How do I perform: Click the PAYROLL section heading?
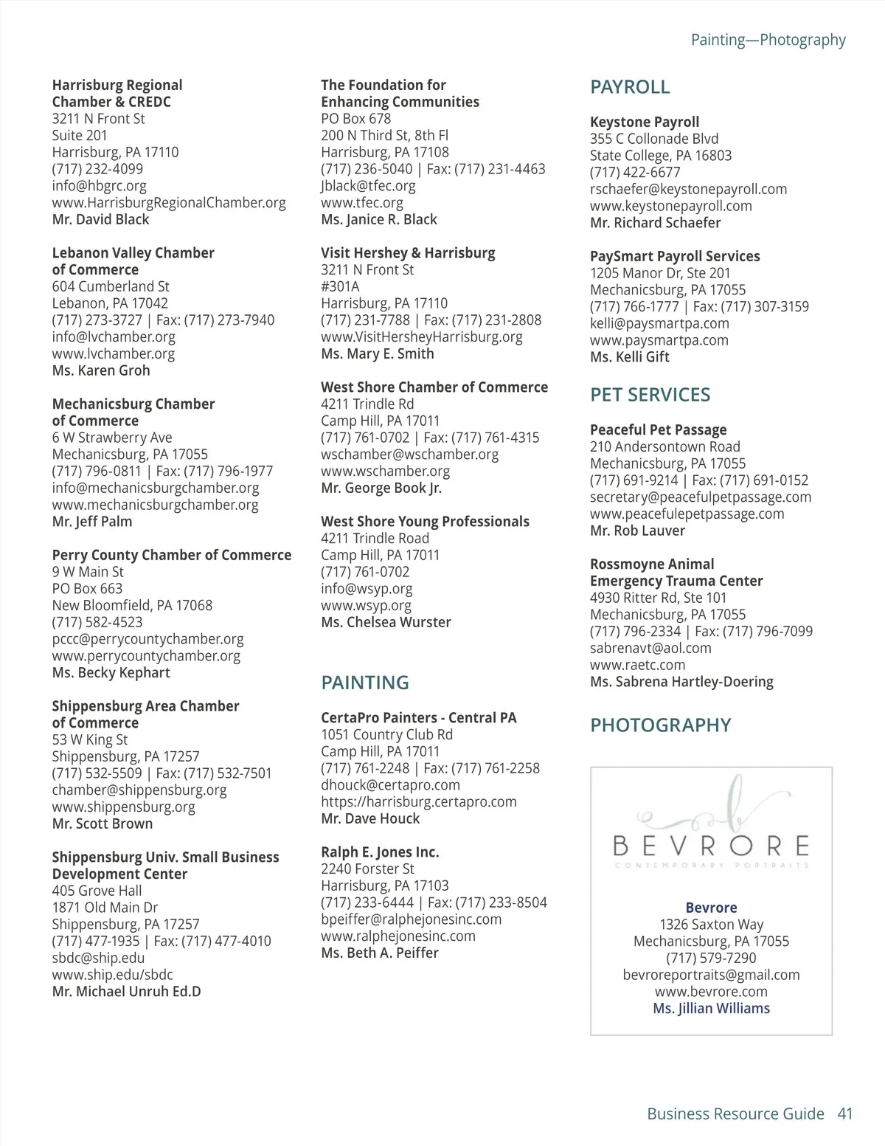click(x=630, y=87)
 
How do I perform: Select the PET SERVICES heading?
click(x=650, y=395)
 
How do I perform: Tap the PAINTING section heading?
click(x=364, y=683)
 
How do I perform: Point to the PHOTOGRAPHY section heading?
click(x=660, y=725)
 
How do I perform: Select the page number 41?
click(x=845, y=1114)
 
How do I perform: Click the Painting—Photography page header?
click(x=768, y=40)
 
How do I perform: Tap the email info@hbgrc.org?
click(x=99, y=186)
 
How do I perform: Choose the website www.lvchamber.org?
click(x=113, y=353)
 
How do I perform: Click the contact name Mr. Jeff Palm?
click(x=92, y=522)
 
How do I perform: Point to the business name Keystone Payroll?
click(x=644, y=122)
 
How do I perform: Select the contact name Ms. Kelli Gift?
click(x=629, y=357)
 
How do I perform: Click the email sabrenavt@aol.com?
click(x=650, y=648)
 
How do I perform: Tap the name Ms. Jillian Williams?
click(x=711, y=1009)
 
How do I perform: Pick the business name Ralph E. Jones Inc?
click(x=380, y=852)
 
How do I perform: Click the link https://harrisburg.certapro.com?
click(x=418, y=801)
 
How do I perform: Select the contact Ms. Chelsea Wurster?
click(x=386, y=622)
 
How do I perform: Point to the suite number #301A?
click(x=340, y=286)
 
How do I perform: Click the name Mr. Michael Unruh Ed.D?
click(x=126, y=992)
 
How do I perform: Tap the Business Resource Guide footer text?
click(x=735, y=1114)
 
